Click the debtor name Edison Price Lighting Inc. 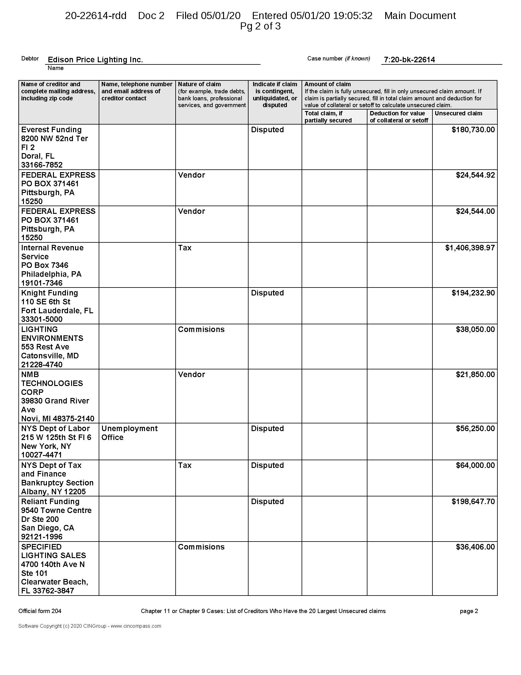pos(95,60)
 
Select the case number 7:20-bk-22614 pos(409,60)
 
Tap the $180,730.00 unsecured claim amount pos(473,130)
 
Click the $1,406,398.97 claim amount pos(470,248)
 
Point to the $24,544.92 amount pos(475,175)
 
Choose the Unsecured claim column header pos(458,114)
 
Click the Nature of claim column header pos(200,84)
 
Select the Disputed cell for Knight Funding pos(267,293)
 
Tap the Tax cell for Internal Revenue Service pos(184,248)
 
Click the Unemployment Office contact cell pos(129,433)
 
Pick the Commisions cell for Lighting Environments pos(201,330)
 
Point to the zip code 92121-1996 pos(42,537)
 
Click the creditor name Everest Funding pos(51,130)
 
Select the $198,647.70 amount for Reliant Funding pos(473,502)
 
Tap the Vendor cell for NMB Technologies pos(191,375)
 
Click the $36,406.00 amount pos(475,547)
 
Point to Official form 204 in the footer pos(40,611)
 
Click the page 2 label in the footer pos(469,611)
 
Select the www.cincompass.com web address pos(136,626)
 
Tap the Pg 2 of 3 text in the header pos(260,26)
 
